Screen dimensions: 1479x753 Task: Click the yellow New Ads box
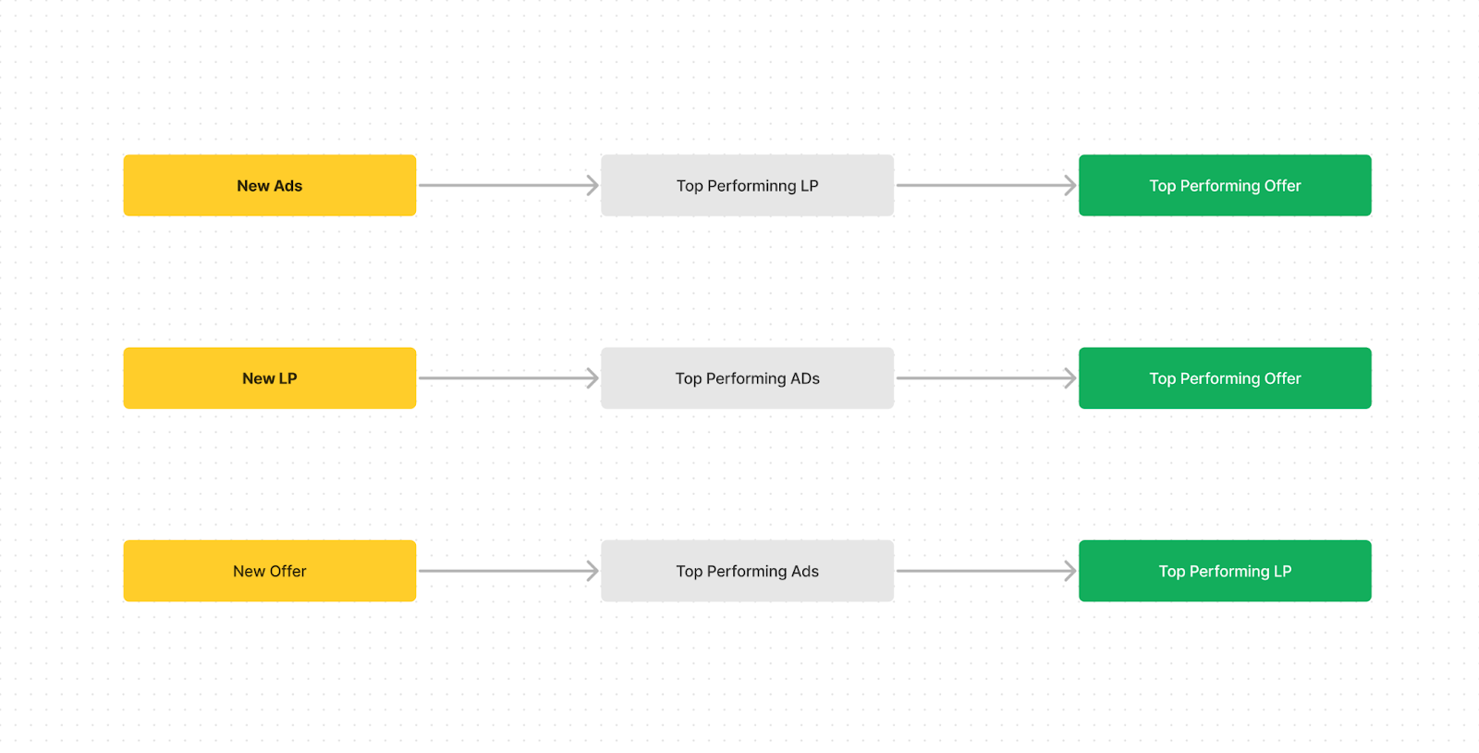click(269, 186)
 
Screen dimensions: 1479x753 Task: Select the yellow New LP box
click(269, 378)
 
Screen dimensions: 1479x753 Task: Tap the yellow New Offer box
click(269, 572)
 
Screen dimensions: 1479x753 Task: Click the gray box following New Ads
click(748, 186)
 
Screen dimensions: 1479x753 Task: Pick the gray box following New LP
click(748, 378)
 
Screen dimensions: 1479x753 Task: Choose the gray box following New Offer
click(748, 572)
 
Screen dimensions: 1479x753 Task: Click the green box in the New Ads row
click(1225, 186)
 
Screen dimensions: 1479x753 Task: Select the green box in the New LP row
click(1225, 378)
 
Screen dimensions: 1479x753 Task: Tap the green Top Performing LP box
click(1225, 572)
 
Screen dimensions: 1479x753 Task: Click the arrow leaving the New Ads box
click(508, 186)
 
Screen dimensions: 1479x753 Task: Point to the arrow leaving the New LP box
click(508, 378)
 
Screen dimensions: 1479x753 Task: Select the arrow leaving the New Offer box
click(508, 572)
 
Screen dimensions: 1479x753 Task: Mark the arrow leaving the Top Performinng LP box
click(986, 186)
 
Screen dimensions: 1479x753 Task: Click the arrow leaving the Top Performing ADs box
click(986, 378)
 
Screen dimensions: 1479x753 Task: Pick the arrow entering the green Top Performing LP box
click(986, 572)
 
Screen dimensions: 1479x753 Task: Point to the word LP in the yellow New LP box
click(287, 378)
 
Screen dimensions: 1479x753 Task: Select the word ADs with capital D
click(804, 378)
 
